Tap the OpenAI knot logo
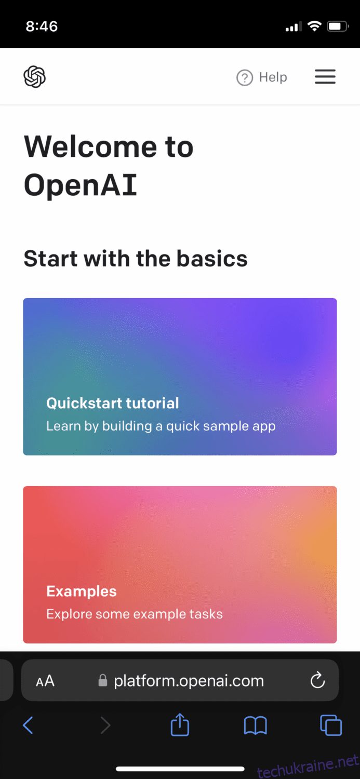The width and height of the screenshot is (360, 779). tap(34, 77)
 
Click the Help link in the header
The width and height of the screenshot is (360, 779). tap(273, 77)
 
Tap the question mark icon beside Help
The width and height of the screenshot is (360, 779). tap(245, 77)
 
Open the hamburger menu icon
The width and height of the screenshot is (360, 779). tap(325, 77)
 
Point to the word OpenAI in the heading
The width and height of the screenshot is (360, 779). tap(81, 185)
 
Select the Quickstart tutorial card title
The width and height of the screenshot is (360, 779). tap(113, 403)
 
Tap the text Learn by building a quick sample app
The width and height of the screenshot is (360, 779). tap(161, 426)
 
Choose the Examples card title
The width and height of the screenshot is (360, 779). tap(82, 591)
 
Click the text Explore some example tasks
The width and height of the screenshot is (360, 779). tap(134, 614)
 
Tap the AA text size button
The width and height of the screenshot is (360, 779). tap(45, 681)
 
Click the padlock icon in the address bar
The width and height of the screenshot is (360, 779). tap(103, 680)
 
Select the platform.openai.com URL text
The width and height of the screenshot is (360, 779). tap(189, 680)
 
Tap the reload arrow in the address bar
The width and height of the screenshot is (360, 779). tap(317, 680)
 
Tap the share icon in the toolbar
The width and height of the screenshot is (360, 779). tap(180, 724)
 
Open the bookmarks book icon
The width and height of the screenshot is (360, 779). tap(255, 725)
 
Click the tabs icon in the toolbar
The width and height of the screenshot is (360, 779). tap(331, 725)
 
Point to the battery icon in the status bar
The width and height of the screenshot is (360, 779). tap(338, 26)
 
